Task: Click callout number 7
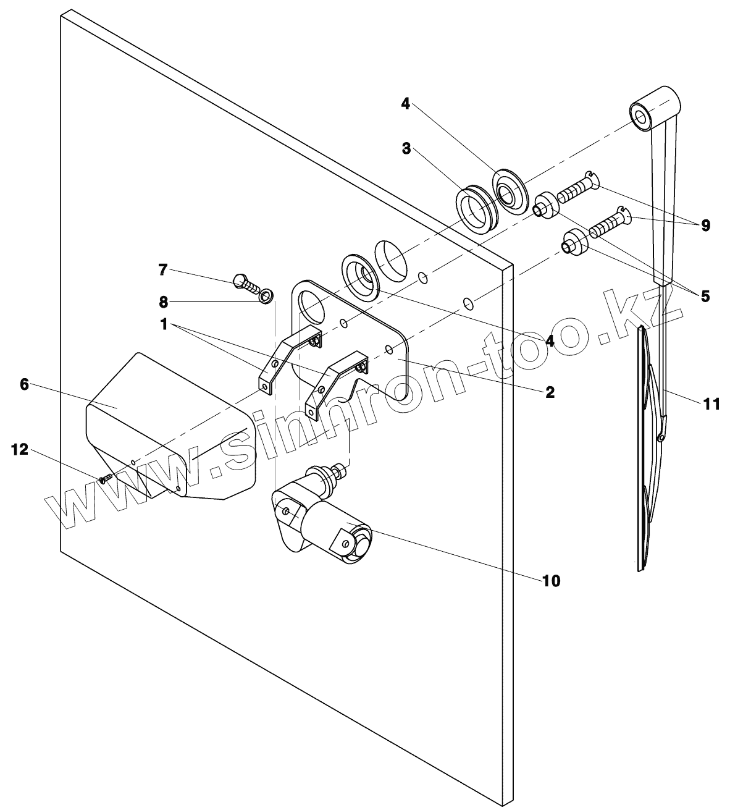pyautogui.click(x=163, y=269)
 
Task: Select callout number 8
pyautogui.click(x=163, y=302)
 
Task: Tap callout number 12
pyautogui.click(x=20, y=450)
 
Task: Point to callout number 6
pyautogui.click(x=24, y=384)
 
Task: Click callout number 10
pyautogui.click(x=551, y=581)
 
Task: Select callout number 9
pyautogui.click(x=705, y=226)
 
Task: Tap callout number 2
pyautogui.click(x=550, y=392)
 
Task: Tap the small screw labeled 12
pyautogui.click(x=105, y=478)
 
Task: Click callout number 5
pyautogui.click(x=705, y=296)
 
